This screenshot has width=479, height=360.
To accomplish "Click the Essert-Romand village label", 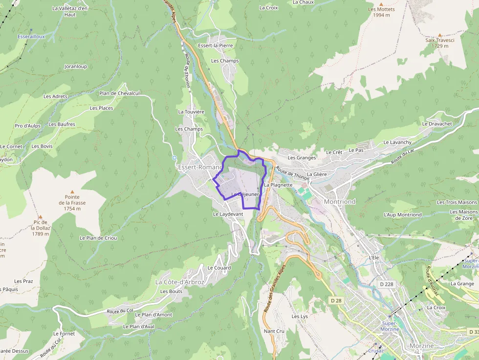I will pos(200,167).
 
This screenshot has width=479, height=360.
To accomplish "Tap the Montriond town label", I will pos(340,201).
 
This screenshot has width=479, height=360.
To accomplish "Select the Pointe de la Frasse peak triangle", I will pos(72,192).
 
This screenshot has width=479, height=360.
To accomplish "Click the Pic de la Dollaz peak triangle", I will pos(41,216).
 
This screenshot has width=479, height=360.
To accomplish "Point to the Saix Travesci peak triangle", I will pos(439,35).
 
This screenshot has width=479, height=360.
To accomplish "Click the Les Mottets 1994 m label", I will pos(381,12).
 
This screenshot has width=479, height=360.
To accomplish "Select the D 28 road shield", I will pos(335,299).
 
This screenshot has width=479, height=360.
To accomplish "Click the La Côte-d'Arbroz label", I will pos(179,282).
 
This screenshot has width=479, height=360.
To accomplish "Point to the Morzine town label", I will pos(421,346).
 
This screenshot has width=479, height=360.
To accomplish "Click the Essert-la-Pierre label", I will pos(216,45).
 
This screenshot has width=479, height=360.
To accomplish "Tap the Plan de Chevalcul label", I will pos(119,93).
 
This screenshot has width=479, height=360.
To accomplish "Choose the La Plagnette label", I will pos(278,185).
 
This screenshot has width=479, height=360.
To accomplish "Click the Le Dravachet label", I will pos(437,124).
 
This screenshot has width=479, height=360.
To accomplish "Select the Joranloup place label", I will pos(76,66).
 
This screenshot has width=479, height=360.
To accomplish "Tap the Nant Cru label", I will pos(274,331).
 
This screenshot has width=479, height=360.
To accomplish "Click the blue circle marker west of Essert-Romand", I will pos(174,158).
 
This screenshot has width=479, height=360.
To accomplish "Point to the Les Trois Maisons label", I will pos(457,202).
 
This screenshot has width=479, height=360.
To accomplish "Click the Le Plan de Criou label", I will pos(98,238).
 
